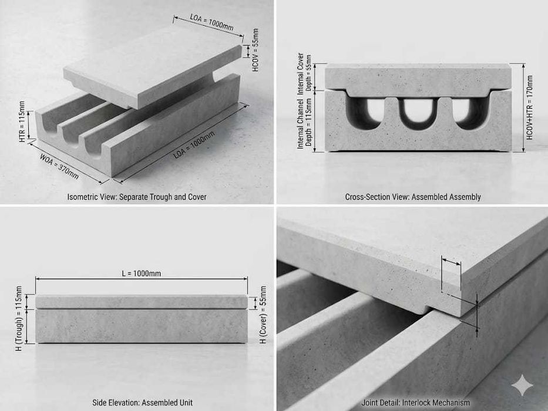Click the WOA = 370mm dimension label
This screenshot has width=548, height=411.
pos(59,166)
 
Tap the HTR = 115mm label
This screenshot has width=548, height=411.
pos(22,122)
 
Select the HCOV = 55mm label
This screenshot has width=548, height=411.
pos(256,50)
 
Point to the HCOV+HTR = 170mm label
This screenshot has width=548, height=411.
pos(530,107)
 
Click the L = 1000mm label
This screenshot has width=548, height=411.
pos(142,273)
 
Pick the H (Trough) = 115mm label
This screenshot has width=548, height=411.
pos(19,318)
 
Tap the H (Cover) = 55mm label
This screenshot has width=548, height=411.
pos(263,315)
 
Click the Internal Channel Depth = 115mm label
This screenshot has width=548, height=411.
pos(304,123)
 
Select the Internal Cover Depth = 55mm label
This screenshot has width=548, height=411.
pos(304,73)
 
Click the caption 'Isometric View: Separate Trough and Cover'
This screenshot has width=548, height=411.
pos(137,197)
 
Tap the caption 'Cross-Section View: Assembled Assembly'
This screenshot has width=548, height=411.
pos(413,197)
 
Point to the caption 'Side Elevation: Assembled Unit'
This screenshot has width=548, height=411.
pos(142,403)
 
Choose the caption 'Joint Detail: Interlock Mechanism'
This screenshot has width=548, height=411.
pos(415,403)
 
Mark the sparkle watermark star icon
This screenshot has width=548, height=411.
pos(522,386)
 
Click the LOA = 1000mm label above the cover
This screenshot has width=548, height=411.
pos(212,22)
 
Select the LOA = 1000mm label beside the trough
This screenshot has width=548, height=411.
pos(194,144)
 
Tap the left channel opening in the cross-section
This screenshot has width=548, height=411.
pos(365,111)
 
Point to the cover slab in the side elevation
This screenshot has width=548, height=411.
pos(142,302)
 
